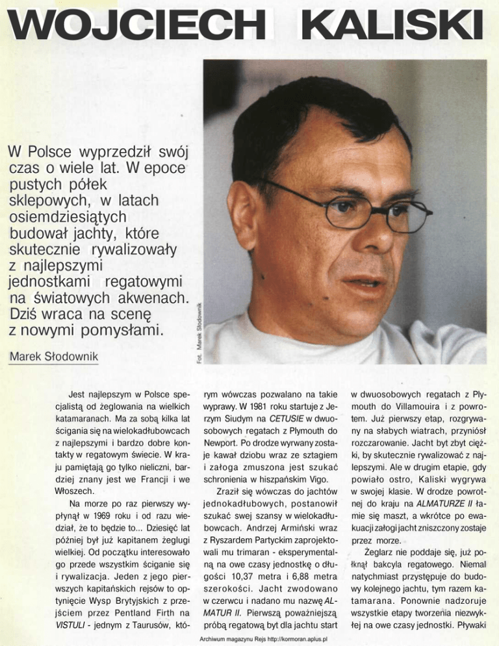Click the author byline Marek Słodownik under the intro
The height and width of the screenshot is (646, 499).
(53, 358)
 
